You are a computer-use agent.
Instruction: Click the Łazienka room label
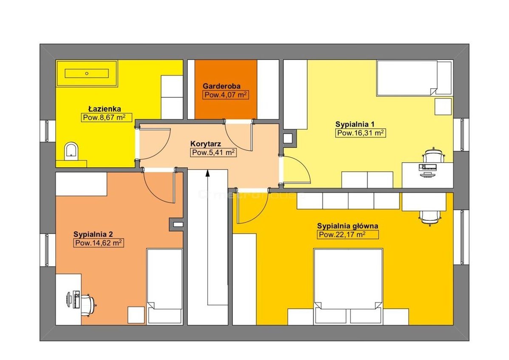pos(105,109)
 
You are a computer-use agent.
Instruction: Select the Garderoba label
pos(221,86)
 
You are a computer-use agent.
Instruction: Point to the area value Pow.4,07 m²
pos(226,95)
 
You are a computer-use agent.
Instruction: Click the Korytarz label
pos(206,143)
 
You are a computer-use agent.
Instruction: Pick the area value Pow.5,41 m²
pos(213,152)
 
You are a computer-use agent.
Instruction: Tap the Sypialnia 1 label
pos(355,124)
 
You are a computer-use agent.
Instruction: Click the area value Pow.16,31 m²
pos(360,133)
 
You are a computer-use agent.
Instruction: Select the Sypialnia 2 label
pos(93,234)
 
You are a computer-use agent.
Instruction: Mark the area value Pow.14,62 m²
pos(99,243)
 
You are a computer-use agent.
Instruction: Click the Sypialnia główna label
pos(348,226)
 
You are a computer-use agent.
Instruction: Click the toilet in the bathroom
pos(71,152)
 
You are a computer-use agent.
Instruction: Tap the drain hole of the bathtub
pos(87,73)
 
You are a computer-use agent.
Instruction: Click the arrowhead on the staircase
pos(207,173)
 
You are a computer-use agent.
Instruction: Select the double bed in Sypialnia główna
pos(348,286)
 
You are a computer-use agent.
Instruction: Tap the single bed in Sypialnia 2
pos(164,286)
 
